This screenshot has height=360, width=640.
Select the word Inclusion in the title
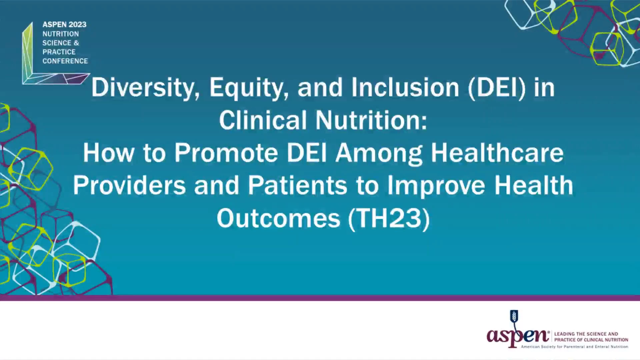coord(405,87)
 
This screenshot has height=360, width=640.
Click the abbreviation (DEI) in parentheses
coord(497,88)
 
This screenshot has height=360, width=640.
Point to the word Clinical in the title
coord(262,120)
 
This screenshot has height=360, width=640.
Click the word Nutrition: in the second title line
coord(371,120)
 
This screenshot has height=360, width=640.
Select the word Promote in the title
coord(226,153)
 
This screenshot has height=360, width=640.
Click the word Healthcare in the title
coord(497,152)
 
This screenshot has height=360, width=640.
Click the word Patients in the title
coord(297,185)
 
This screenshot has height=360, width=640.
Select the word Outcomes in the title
coord(278,218)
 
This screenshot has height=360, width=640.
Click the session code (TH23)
coord(389,219)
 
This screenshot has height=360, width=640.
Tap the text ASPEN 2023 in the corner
coord(64,25)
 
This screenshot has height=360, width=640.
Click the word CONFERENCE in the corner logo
coord(65,61)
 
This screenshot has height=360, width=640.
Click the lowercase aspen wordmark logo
coord(518,335)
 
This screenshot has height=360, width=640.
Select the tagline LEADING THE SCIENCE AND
coord(586,334)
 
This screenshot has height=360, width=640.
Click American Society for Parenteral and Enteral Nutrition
coord(575,347)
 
